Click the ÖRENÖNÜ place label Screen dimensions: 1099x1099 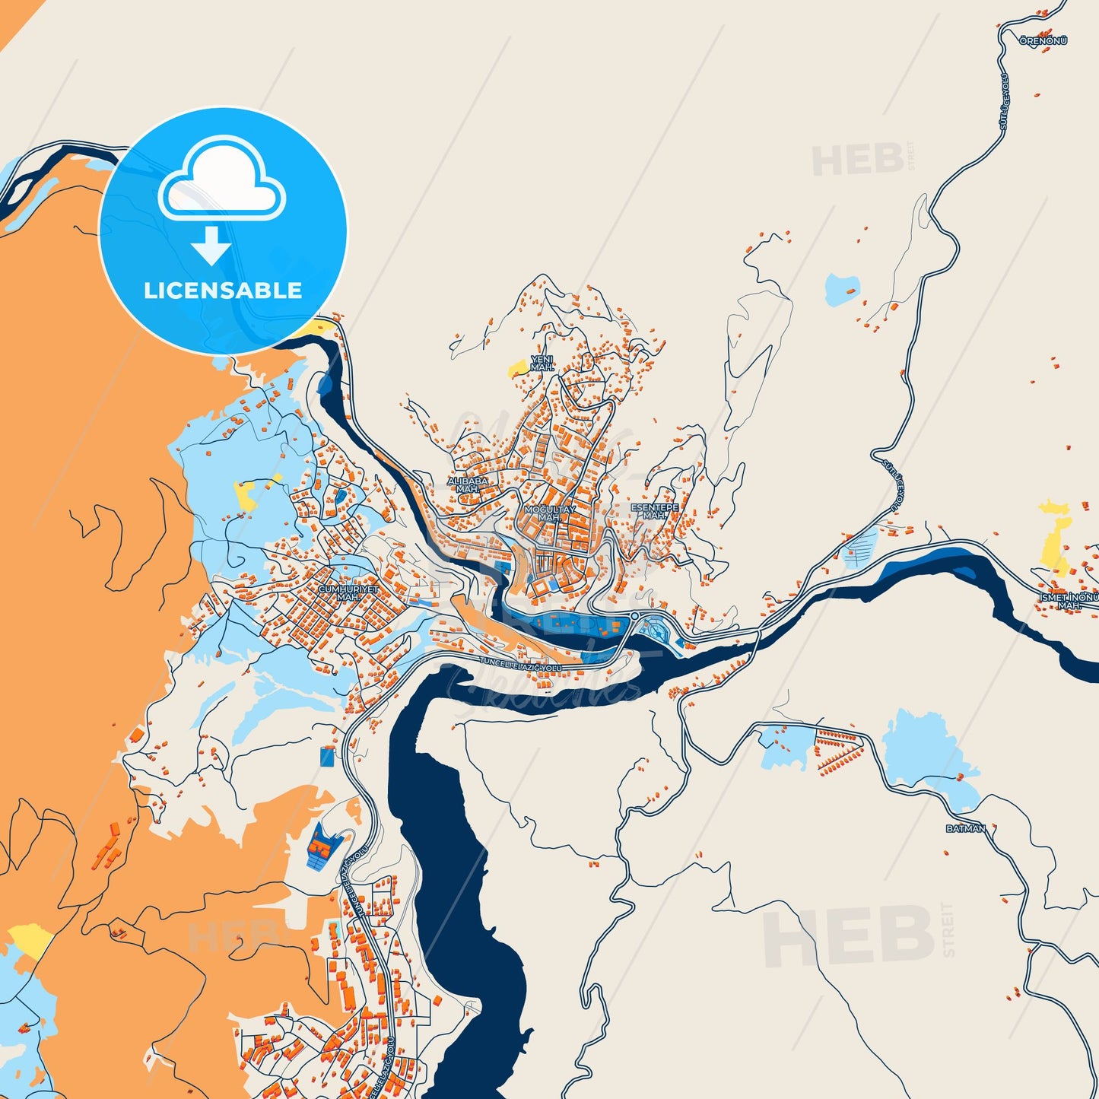(1043, 40)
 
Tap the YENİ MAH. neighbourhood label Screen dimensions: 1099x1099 (542, 363)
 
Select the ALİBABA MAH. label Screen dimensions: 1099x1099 (468, 484)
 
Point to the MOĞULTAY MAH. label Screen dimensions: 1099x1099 (549, 513)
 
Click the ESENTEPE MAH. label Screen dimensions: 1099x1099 (654, 510)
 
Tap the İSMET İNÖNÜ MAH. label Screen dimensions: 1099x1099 (1069, 601)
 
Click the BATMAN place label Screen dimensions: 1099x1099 (965, 828)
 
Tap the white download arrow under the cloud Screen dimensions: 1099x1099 (211, 246)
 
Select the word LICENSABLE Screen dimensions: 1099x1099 (223, 291)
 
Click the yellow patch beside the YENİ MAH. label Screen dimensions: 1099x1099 (519, 368)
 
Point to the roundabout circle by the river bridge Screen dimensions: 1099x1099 (634, 615)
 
